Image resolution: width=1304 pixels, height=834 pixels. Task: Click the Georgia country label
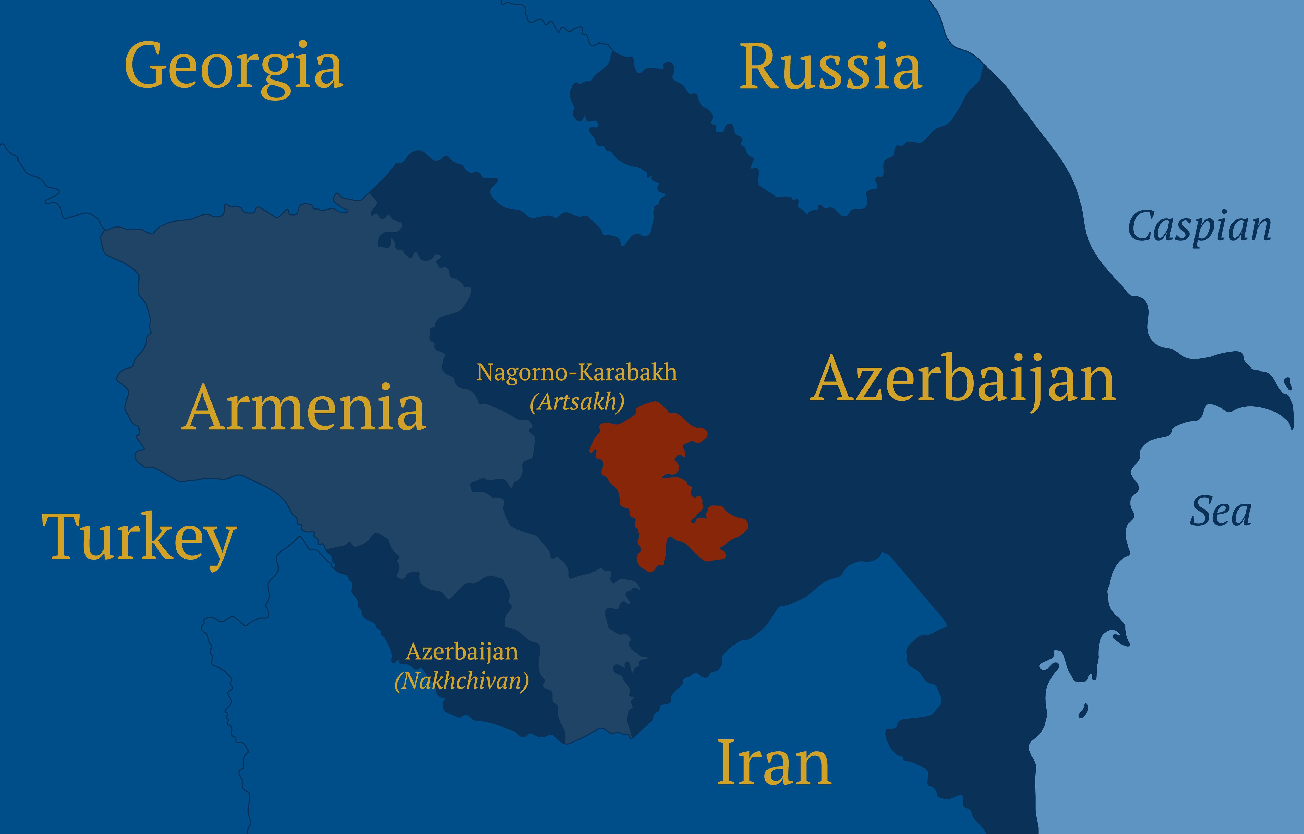(x=234, y=68)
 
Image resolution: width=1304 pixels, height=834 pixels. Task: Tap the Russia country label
(x=830, y=68)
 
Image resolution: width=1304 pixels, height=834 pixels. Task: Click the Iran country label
(x=774, y=764)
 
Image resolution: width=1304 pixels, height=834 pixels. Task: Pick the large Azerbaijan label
(x=963, y=379)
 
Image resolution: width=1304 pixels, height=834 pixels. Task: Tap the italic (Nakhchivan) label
(x=462, y=681)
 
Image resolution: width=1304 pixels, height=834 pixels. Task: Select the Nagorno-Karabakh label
(x=576, y=373)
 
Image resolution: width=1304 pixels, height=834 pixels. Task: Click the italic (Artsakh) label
(x=577, y=402)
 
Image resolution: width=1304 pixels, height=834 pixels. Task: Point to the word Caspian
(x=1199, y=228)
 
